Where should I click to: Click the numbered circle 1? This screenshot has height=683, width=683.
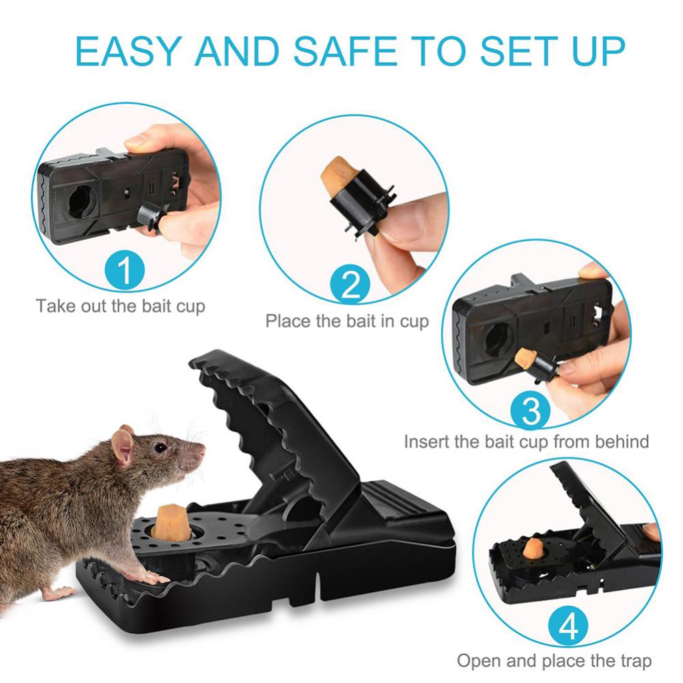coord(124,270)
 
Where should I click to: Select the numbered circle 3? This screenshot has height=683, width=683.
coord(530,410)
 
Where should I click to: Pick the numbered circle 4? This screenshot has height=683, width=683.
coord(568,626)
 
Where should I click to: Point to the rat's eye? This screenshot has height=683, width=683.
coord(160,447)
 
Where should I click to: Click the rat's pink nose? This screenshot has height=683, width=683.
coord(201,451)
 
